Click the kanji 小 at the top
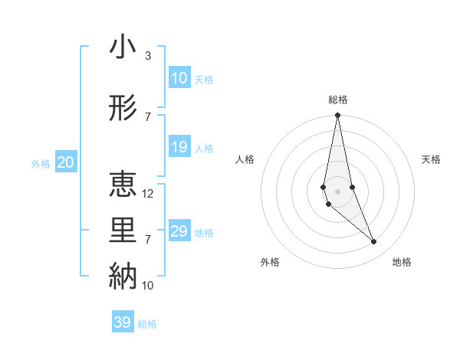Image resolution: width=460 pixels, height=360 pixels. (x=123, y=47)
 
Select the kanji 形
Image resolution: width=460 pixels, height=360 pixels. (x=123, y=108)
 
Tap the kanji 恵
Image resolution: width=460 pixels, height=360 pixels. (x=123, y=185)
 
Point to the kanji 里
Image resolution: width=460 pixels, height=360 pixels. (x=123, y=231)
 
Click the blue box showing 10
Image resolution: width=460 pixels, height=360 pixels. (x=179, y=78)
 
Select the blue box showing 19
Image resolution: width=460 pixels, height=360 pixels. (x=179, y=147)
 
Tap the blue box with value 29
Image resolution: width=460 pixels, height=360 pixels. (x=179, y=231)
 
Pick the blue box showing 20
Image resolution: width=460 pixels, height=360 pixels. (x=66, y=162)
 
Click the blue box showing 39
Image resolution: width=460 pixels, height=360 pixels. (x=123, y=322)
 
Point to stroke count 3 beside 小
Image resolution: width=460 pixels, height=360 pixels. (x=148, y=56)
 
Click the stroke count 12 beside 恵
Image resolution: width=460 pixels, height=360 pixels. (x=148, y=194)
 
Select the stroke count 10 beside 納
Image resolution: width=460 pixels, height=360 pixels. (x=148, y=285)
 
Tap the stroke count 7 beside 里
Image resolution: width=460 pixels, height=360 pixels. (x=148, y=240)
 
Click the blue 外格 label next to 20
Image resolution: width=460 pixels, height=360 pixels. (x=40, y=163)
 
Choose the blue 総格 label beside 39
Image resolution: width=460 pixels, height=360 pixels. (x=147, y=324)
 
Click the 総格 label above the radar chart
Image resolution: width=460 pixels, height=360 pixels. (x=338, y=100)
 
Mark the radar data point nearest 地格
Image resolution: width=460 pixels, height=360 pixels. (x=374, y=242)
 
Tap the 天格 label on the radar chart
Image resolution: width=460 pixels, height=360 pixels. (x=432, y=159)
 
